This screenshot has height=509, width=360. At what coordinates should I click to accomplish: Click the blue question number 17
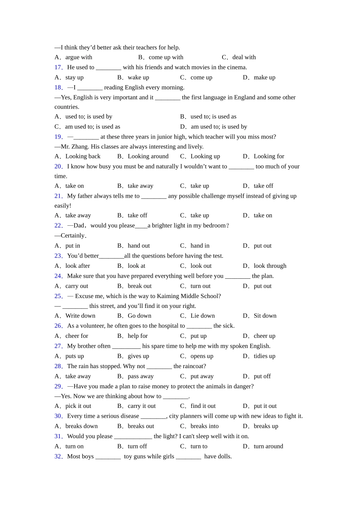pyautogui.click(x=58, y=67)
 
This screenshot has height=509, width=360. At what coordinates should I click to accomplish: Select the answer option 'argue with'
pyautogui.click(x=78, y=57)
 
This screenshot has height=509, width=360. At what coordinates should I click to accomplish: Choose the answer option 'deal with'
pyautogui.click(x=244, y=57)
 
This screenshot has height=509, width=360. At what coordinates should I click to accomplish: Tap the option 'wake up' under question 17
pyautogui.click(x=138, y=77)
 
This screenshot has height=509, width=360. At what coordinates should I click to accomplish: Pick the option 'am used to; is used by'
pyautogui.click(x=219, y=126)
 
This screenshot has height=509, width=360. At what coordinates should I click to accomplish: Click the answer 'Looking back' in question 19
pyautogui.click(x=83, y=156)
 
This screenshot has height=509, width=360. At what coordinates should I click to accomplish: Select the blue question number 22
pyautogui.click(x=58, y=226)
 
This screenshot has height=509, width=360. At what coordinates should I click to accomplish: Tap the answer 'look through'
pyautogui.click(x=270, y=266)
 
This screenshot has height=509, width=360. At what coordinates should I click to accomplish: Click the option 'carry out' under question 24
pyautogui.click(x=77, y=286)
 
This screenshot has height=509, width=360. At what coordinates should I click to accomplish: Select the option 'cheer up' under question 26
pyautogui.click(x=265, y=336)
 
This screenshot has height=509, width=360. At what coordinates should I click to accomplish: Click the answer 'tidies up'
pyautogui.click(x=265, y=356)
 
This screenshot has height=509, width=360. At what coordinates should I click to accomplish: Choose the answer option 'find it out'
pyautogui.click(x=203, y=406)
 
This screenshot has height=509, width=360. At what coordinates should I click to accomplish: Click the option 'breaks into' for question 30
pyautogui.click(x=204, y=426)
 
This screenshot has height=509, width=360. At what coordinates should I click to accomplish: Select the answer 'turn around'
pyautogui.click(x=268, y=446)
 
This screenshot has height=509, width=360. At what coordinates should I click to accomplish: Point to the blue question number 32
pyautogui.click(x=58, y=456)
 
